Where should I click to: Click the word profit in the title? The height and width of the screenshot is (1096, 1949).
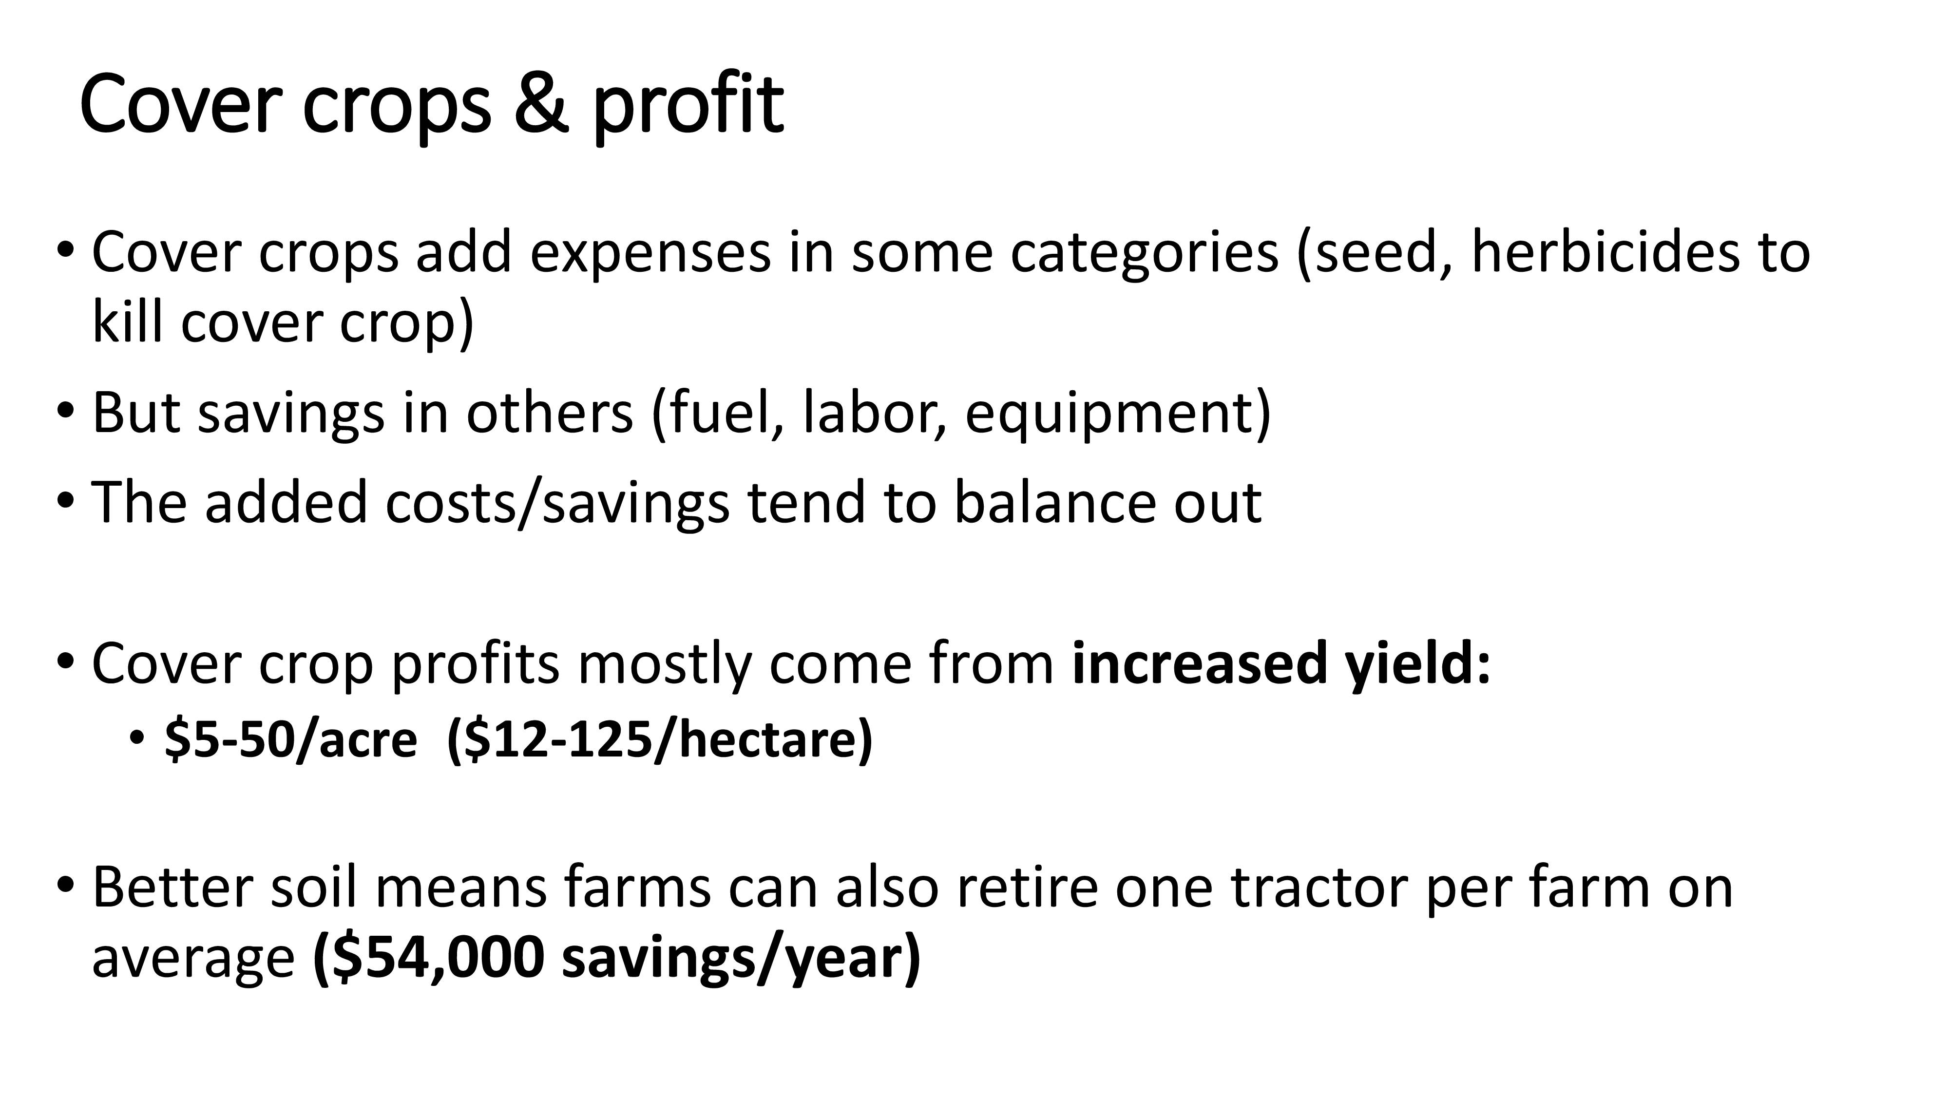tap(688, 106)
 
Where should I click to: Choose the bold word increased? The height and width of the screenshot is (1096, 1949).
tap(1199, 662)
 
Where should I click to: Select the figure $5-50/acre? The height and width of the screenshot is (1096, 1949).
tap(290, 740)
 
